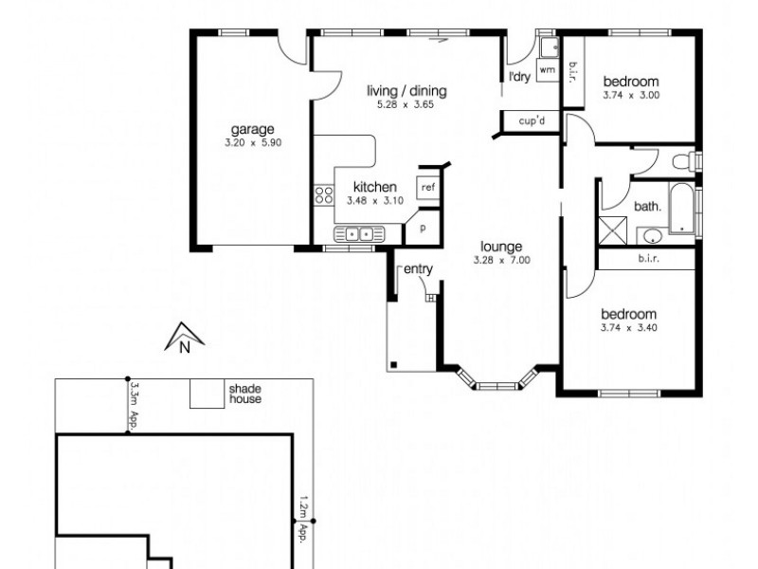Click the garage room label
[251, 130]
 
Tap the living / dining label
[406, 91]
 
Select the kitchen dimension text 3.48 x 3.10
[375, 201]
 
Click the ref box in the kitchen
[427, 187]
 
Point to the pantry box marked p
[423, 229]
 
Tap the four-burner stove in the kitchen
[324, 196]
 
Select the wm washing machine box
[547, 70]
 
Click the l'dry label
[518, 77]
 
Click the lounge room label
[500, 247]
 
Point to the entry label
[418, 269]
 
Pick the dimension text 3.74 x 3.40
[628, 328]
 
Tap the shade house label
[244, 394]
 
